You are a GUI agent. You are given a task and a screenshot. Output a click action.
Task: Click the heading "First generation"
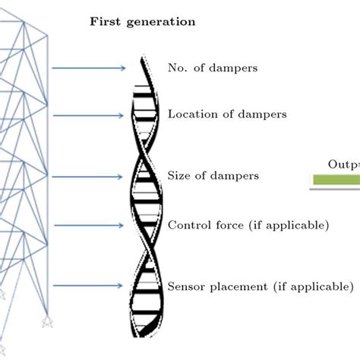[142, 21]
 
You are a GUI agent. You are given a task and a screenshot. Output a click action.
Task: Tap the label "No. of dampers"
[213, 68]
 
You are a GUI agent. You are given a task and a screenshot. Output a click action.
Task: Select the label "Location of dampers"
[227, 115]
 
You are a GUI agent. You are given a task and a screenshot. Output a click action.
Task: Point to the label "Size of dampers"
[213, 175]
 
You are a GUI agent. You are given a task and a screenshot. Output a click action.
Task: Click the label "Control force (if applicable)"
[248, 225]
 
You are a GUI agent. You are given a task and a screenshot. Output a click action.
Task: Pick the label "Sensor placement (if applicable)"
[260, 286]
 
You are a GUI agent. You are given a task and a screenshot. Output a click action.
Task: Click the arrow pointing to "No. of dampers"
[89, 68]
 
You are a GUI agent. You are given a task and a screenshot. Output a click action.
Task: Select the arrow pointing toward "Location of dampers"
[89, 115]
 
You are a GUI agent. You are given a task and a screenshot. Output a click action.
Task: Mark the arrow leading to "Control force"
[89, 225]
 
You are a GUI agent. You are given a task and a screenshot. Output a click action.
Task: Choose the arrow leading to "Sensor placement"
[89, 286]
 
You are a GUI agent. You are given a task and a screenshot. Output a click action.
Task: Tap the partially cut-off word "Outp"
[343, 164]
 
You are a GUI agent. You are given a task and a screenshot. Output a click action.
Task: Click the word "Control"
[188, 225]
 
